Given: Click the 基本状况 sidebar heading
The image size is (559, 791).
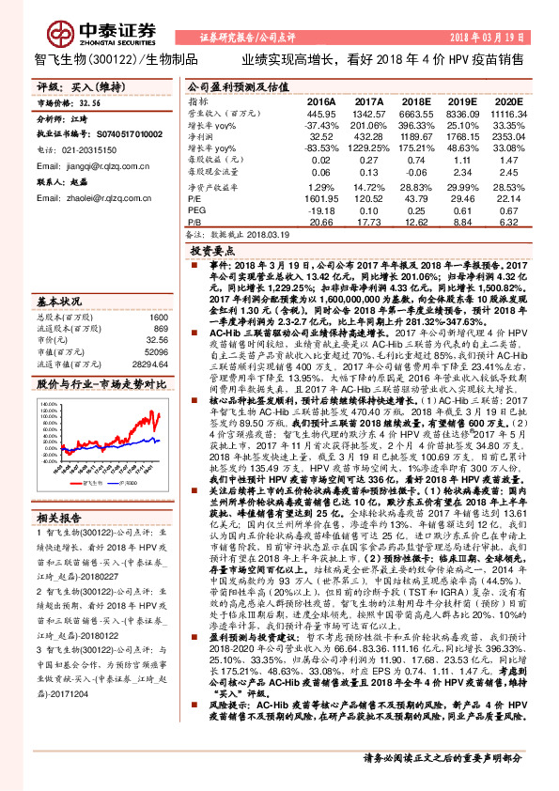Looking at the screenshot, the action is point(59,302).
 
